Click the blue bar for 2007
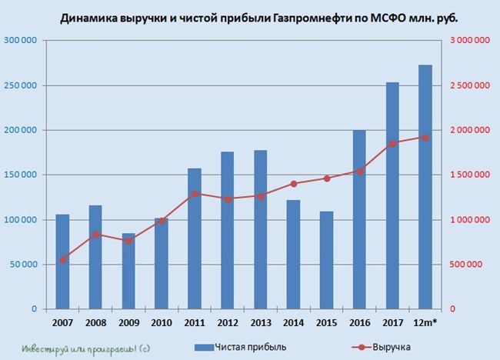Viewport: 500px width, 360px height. tap(62, 262)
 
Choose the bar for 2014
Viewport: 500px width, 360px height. tap(293, 254)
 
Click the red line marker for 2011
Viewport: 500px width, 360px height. tap(195, 193)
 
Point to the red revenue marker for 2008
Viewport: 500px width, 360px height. tap(95, 235)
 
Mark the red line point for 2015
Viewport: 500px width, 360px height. tap(326, 178)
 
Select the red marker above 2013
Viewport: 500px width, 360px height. tap(260, 196)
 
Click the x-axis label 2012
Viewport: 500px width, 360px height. tap(227, 322)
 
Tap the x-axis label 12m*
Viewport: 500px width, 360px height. tap(425, 322)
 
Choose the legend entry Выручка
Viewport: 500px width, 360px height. tap(393, 347)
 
